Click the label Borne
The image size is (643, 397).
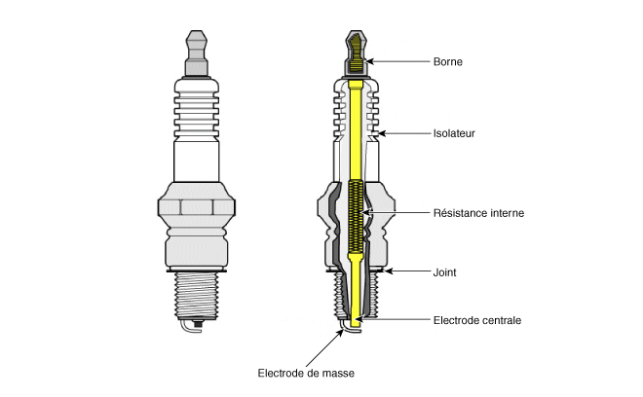(448, 62)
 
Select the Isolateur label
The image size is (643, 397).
(454, 133)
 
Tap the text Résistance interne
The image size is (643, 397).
(478, 213)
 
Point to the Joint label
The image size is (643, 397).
(444, 272)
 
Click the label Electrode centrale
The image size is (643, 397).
(477, 320)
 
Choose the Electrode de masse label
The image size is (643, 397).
(306, 374)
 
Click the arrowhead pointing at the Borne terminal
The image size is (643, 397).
(369, 61)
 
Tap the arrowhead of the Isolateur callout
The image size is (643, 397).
(381, 133)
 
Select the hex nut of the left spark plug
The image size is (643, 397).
(197, 207)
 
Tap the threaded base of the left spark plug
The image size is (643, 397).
(197, 295)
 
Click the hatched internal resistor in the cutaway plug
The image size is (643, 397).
(356, 216)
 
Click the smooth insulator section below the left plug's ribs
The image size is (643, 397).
(197, 161)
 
